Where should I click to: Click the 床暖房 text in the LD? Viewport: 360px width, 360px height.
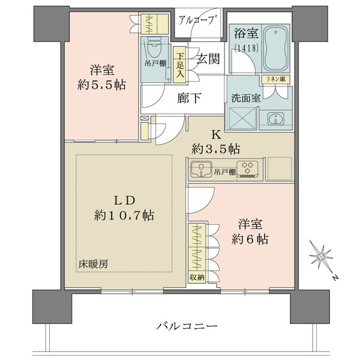click(89, 263)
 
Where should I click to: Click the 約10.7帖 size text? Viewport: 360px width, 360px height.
click(124, 215)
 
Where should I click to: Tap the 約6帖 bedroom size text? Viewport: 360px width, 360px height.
click(251, 238)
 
